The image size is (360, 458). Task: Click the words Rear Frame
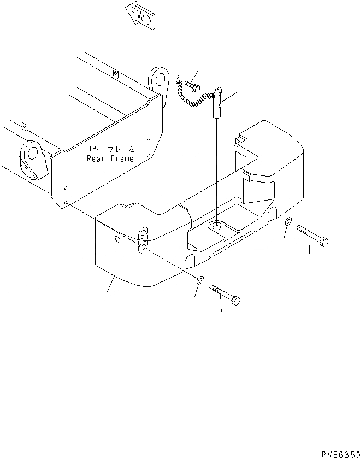(x=110, y=159)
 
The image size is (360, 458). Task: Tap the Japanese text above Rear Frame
(x=109, y=149)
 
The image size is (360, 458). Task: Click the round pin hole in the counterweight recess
(x=217, y=225)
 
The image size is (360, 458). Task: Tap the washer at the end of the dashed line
(x=199, y=280)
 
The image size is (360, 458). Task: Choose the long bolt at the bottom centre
(x=225, y=295)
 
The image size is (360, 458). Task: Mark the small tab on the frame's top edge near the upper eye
(x=115, y=73)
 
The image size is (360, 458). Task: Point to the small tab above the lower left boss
(x=24, y=127)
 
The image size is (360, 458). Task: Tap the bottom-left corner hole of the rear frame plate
(x=67, y=202)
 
